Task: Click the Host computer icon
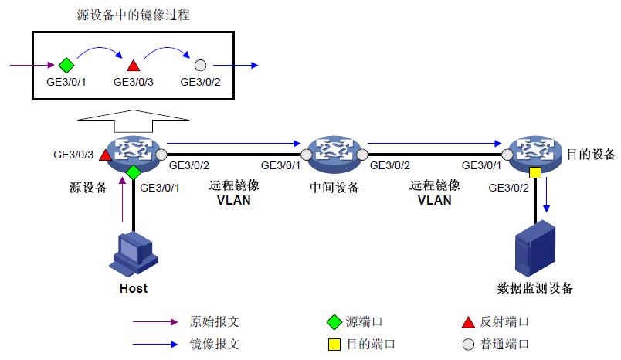click(x=134, y=255)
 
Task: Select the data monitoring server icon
click(x=535, y=249)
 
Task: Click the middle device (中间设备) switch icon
click(x=334, y=154)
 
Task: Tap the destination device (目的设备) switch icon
click(x=535, y=154)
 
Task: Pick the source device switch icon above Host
click(x=134, y=154)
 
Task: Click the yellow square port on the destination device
click(x=535, y=173)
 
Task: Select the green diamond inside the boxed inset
click(x=66, y=65)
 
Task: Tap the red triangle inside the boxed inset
click(x=134, y=66)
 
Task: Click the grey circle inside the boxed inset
click(x=200, y=65)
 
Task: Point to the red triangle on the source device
click(x=105, y=155)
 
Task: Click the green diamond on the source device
click(x=134, y=173)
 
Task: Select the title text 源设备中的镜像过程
click(x=134, y=15)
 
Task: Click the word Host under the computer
click(x=134, y=288)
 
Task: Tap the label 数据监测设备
click(x=535, y=288)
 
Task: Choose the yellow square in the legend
click(x=334, y=345)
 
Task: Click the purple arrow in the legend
click(x=155, y=322)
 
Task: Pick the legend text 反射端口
click(x=504, y=321)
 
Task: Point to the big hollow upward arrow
click(x=134, y=121)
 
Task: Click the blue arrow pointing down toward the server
click(x=547, y=195)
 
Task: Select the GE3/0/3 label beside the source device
click(x=73, y=155)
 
